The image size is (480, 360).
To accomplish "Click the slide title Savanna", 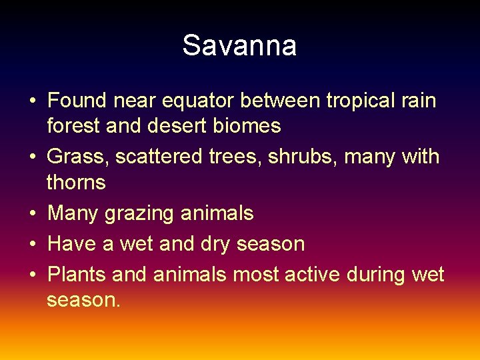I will pyautogui.click(x=239, y=46).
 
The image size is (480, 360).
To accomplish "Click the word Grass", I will pyautogui.click(x=78, y=157).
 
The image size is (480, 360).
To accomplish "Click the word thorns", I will pyautogui.click(x=76, y=182).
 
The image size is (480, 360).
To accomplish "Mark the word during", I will pyautogui.click(x=377, y=275).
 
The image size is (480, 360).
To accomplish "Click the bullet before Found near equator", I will pyautogui.click(x=32, y=102).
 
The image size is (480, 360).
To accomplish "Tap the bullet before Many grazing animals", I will pyautogui.click(x=32, y=214).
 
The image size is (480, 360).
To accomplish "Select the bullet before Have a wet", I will pyautogui.click(x=32, y=245).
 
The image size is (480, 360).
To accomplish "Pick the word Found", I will pyautogui.click(x=77, y=101).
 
